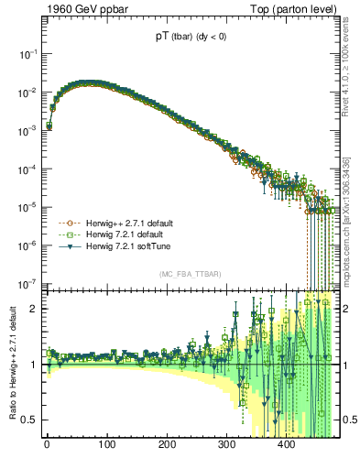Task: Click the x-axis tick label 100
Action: (x=106, y=444)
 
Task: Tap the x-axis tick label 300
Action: (x=226, y=444)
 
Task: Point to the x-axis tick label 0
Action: (x=47, y=444)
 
